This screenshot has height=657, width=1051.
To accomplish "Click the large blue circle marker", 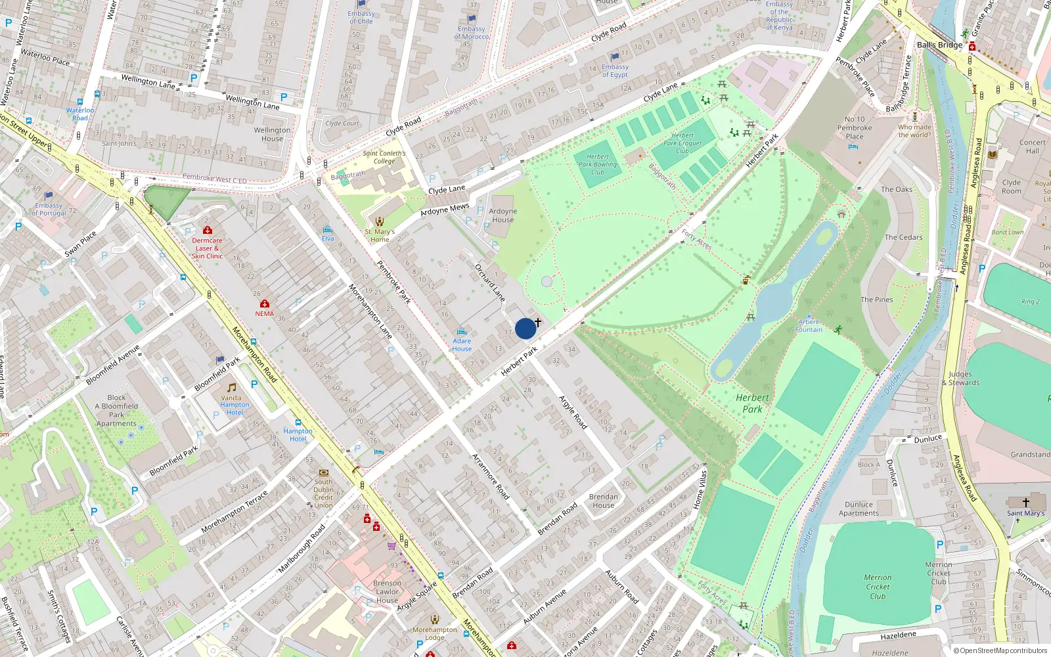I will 525,328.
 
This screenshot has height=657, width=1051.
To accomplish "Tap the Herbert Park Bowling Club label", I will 597,165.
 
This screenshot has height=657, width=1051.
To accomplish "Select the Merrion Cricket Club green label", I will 878,587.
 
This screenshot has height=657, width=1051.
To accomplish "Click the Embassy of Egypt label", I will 615,71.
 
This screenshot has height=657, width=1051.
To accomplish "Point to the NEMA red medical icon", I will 265,304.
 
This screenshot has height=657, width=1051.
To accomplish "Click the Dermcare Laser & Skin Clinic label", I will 207,248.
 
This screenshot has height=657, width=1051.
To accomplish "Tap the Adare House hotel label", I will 462,345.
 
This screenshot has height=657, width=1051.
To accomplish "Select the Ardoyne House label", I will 503,215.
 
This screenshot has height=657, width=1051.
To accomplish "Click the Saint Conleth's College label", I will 384,157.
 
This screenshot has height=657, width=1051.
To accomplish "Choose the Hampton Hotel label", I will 298,435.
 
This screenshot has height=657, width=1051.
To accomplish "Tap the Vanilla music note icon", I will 231,388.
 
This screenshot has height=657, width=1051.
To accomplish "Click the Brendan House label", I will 603,501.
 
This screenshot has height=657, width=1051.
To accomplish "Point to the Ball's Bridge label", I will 939,45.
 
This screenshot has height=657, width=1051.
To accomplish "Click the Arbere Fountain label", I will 809,326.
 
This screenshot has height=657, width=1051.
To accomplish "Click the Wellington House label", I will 272,134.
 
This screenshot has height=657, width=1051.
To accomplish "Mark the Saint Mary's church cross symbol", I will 1025,502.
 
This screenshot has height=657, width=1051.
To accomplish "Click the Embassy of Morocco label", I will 471,33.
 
